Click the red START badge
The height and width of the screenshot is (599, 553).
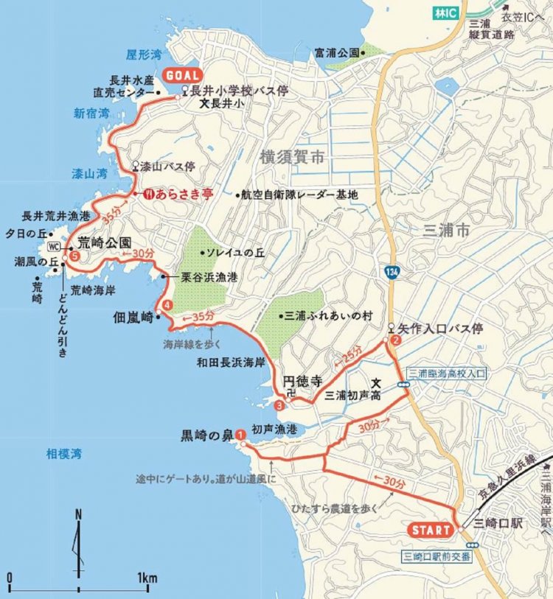coord(430,530)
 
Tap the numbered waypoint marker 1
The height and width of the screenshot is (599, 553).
coord(240,435)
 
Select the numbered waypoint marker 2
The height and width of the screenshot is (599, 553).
coord(396,340)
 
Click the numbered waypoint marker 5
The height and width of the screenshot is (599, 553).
coord(74,256)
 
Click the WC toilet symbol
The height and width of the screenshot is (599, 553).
coord(53,245)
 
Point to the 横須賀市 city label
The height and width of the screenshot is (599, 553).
coord(292,157)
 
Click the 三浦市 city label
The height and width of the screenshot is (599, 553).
coord(448,231)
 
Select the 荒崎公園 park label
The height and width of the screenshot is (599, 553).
coord(105,242)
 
